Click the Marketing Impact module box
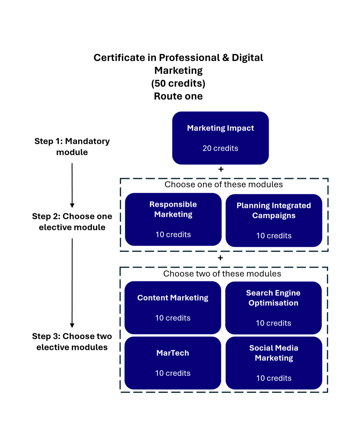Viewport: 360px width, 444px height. tap(220, 138)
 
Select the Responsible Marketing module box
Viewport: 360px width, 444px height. tap(173, 219)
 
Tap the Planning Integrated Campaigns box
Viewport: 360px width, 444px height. tap(274, 220)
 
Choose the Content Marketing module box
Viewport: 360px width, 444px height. tap(173, 307)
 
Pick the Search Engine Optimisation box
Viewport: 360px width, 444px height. tap(273, 308)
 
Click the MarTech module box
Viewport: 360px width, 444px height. tap(173, 363)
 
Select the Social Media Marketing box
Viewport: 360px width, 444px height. tap(274, 363)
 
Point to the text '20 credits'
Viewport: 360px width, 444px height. tap(220, 148)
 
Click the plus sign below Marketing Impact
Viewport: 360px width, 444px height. tap(221, 169)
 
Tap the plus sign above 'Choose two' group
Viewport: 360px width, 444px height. tap(220, 258)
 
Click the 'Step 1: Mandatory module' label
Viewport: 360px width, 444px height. tap(72, 146)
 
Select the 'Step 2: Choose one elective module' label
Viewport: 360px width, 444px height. tap(72, 222)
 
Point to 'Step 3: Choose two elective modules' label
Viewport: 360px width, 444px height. tap(72, 342)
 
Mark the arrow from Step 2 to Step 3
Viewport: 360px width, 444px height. tap(72, 283)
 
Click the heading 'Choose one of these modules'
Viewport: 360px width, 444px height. tap(224, 184)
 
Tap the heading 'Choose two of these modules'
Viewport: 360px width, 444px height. tap(222, 274)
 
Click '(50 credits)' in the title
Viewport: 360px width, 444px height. tap(178, 83)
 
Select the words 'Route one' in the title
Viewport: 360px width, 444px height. tap(178, 96)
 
